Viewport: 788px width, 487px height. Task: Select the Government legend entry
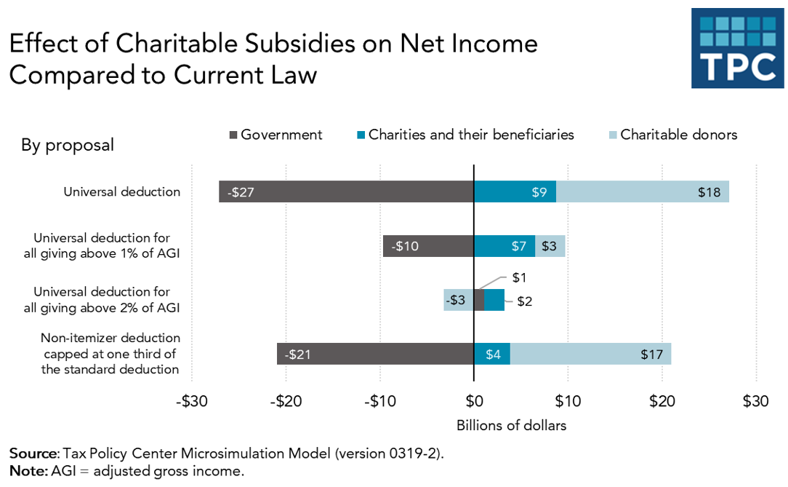point(276,135)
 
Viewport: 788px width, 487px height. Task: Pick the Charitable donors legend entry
point(672,135)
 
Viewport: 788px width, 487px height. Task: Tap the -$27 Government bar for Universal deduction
point(346,192)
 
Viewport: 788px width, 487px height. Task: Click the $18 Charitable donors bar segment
point(643,192)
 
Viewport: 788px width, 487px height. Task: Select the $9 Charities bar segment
point(515,192)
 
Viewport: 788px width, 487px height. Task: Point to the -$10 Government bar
point(428,246)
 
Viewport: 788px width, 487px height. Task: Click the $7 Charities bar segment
point(504,246)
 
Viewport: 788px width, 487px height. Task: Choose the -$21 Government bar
point(375,354)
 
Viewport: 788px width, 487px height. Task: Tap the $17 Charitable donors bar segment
point(590,354)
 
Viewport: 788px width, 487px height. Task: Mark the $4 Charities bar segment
point(492,354)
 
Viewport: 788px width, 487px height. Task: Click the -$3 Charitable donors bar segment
point(458,300)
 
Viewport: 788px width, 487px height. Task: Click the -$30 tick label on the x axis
point(192,401)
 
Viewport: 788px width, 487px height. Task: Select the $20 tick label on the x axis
point(662,401)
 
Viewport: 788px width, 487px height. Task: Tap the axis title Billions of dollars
point(511,425)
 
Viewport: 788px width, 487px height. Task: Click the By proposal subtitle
point(67,145)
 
